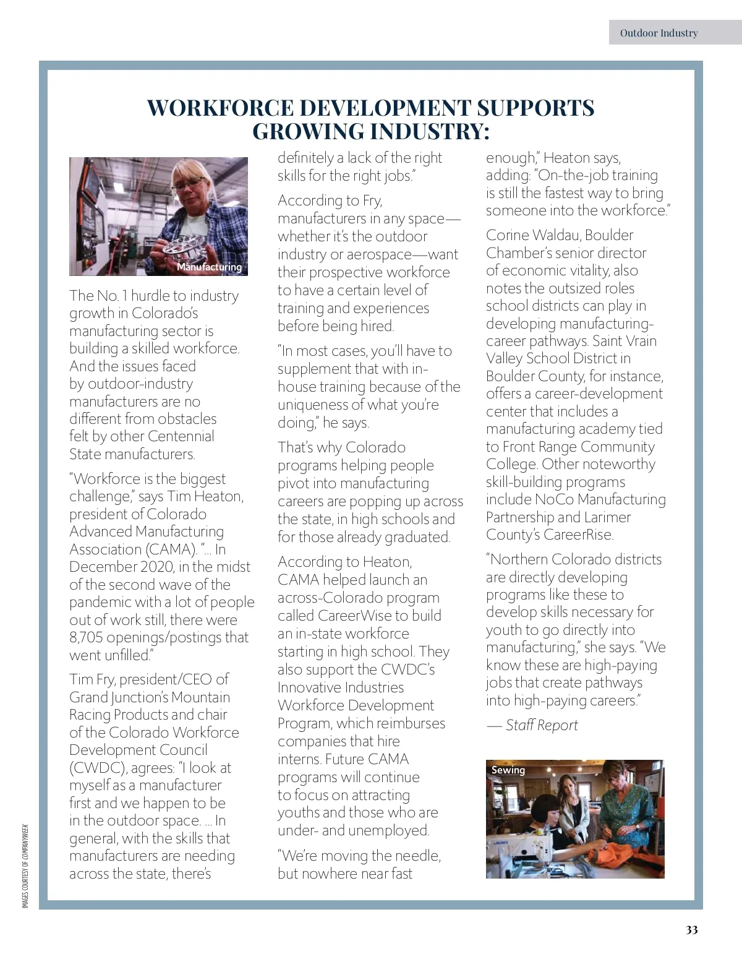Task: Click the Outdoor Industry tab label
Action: [659, 33]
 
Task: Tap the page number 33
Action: [691, 930]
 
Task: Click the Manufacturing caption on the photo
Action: [209, 267]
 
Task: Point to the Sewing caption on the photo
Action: [508, 770]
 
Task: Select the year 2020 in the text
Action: [157, 567]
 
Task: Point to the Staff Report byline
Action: [541, 725]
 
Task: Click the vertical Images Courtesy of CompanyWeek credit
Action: [25, 866]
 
